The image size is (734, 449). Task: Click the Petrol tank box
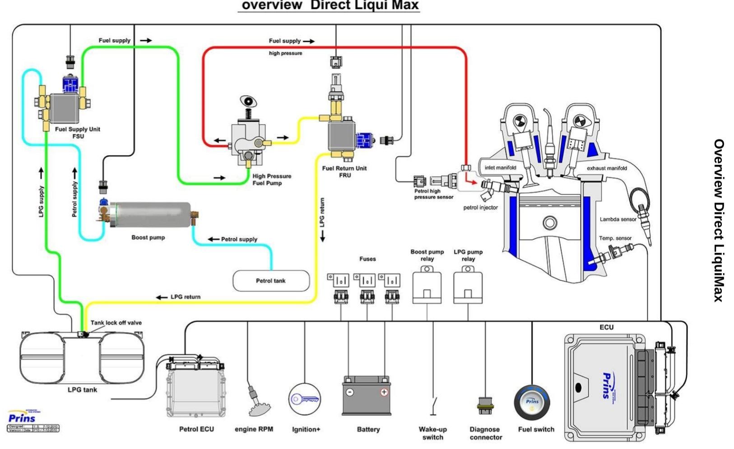[271, 281]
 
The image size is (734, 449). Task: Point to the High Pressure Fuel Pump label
[271, 180]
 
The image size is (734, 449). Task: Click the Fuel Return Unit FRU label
[344, 171]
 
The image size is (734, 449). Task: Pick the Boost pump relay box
[427, 285]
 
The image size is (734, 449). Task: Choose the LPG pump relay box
[468, 285]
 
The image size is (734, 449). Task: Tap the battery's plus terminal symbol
[384, 392]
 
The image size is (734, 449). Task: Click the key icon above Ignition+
[305, 399]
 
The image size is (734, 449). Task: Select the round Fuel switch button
[532, 403]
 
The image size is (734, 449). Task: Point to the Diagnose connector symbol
[485, 405]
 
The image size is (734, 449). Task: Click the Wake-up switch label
[432, 433]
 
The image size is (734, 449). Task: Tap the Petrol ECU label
[196, 429]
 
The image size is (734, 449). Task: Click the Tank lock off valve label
[116, 323]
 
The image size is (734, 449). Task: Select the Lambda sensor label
[618, 219]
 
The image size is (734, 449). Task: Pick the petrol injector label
[480, 208]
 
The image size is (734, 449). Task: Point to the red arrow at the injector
[470, 181]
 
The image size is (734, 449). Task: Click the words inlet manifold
[500, 168]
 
